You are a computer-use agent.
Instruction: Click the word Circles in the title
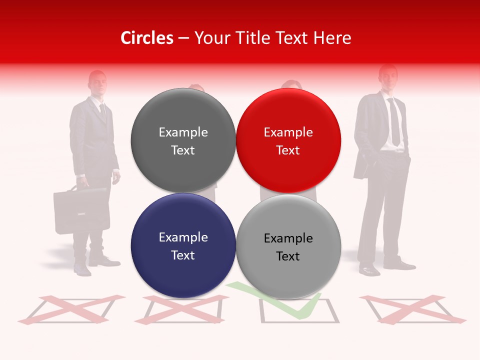pyautogui.click(x=146, y=38)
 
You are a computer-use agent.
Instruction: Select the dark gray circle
pyautogui.click(x=183, y=140)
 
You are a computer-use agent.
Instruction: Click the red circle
pyautogui.click(x=288, y=140)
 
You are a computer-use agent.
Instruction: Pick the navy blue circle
pyautogui.click(x=183, y=245)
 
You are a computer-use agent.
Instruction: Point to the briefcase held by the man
pyautogui.click(x=81, y=210)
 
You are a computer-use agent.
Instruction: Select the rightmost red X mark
pyautogui.click(x=412, y=308)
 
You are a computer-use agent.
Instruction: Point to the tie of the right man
pyautogui.click(x=394, y=122)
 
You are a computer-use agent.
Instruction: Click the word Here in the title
pyautogui.click(x=333, y=38)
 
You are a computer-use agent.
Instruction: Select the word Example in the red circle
pyautogui.click(x=288, y=132)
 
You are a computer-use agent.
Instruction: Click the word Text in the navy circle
pyautogui.click(x=183, y=255)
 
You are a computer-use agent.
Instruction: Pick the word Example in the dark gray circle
pyautogui.click(x=183, y=132)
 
